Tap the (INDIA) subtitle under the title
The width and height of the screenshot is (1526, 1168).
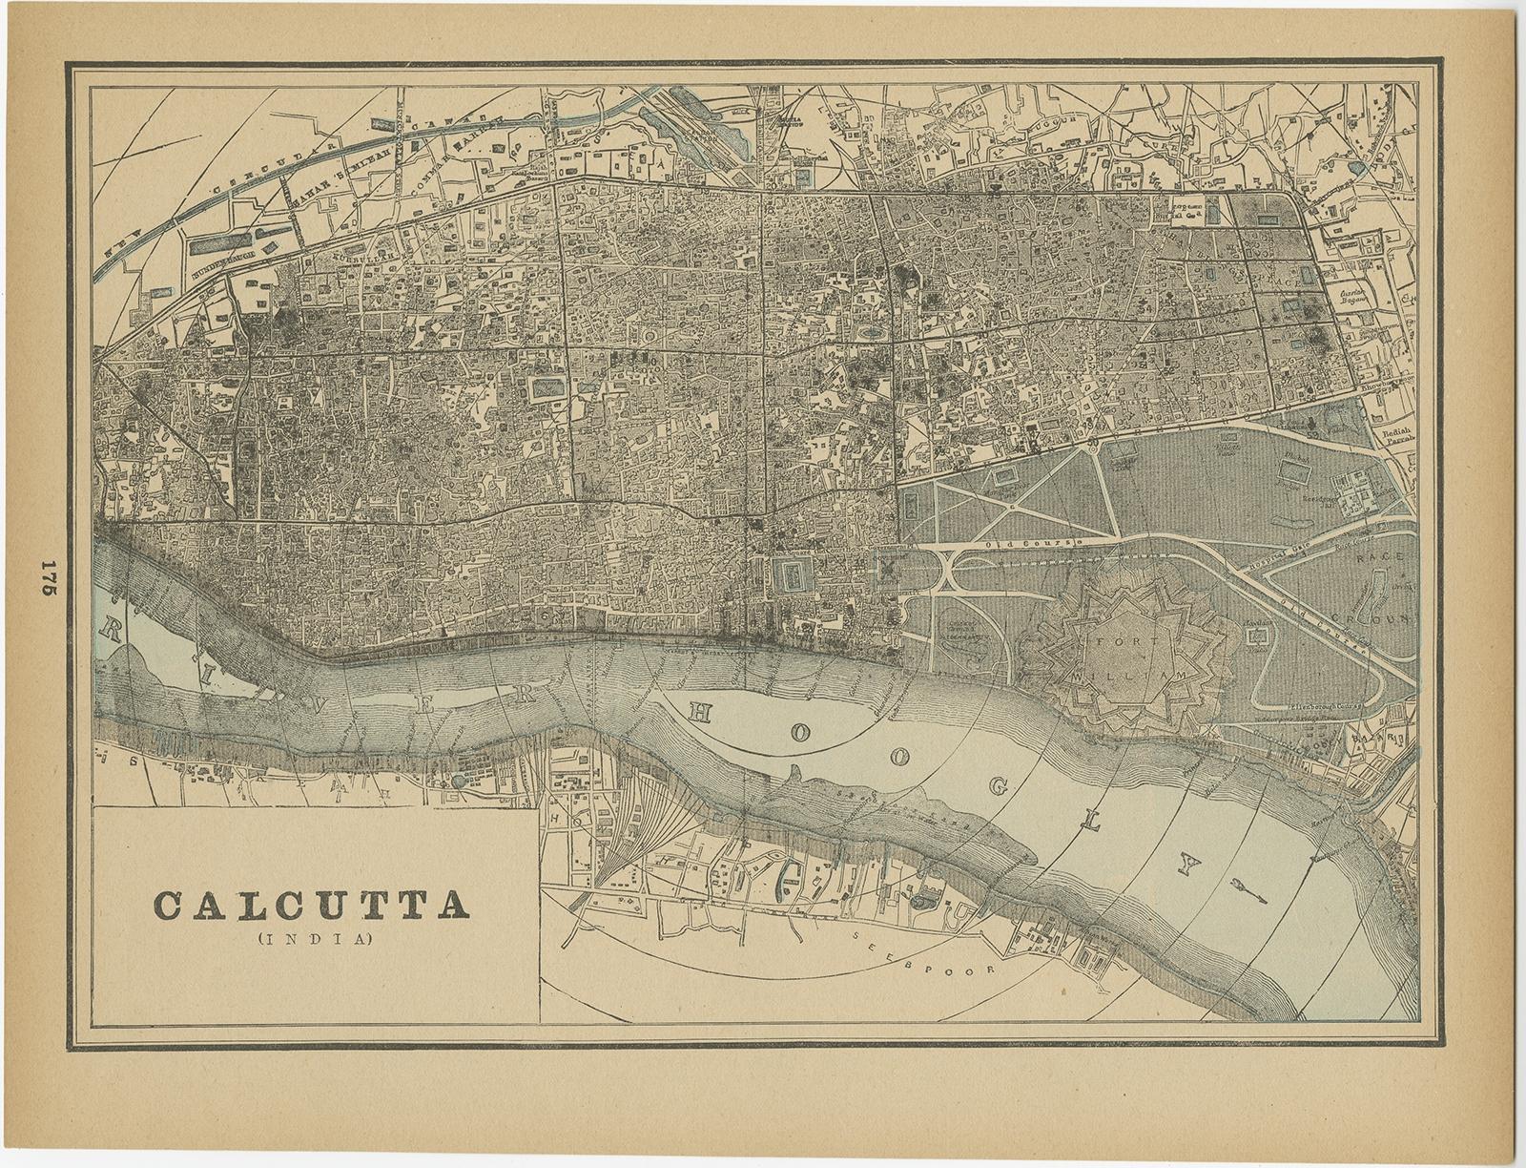click(x=313, y=937)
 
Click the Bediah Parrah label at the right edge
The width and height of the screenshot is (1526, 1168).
click(x=1396, y=436)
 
